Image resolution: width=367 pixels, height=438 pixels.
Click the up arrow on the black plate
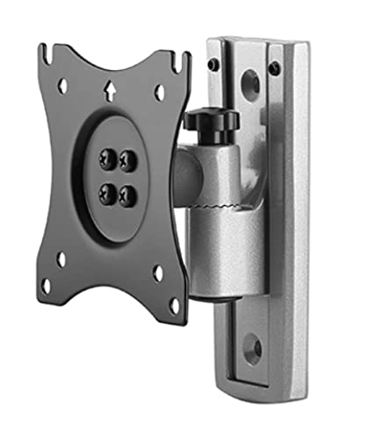point(108,88)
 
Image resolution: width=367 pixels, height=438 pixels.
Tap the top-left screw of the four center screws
point(106,159)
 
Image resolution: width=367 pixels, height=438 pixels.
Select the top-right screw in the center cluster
point(128,160)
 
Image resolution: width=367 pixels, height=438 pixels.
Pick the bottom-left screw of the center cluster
point(106,195)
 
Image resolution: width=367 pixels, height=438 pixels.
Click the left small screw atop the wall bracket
point(213,63)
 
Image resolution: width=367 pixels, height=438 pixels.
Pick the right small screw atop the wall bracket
point(275,67)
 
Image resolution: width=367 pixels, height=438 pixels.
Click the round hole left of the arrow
point(62,86)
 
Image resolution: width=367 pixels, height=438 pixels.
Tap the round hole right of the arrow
point(159,92)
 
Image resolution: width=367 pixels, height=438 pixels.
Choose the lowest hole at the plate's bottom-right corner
point(174,306)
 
